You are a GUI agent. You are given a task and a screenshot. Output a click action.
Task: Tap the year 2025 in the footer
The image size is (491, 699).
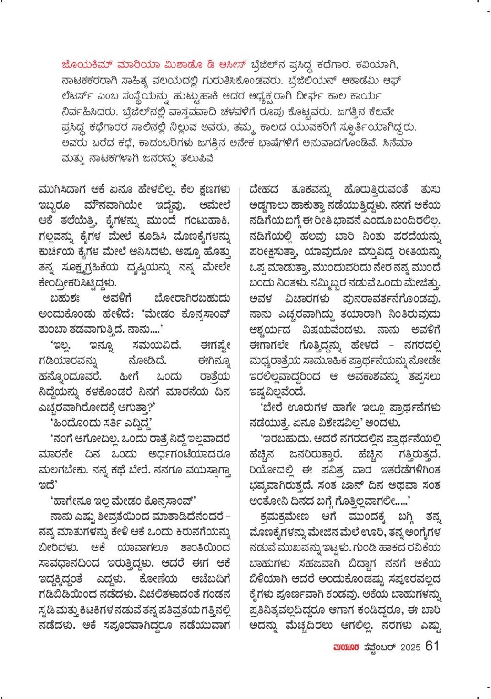point(410,647)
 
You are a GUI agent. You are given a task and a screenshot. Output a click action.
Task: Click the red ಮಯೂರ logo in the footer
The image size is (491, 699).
point(346,647)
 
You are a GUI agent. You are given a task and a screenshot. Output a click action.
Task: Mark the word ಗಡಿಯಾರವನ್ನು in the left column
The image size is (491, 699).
point(68,361)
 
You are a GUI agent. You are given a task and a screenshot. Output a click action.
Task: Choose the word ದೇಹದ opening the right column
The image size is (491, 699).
point(264,189)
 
